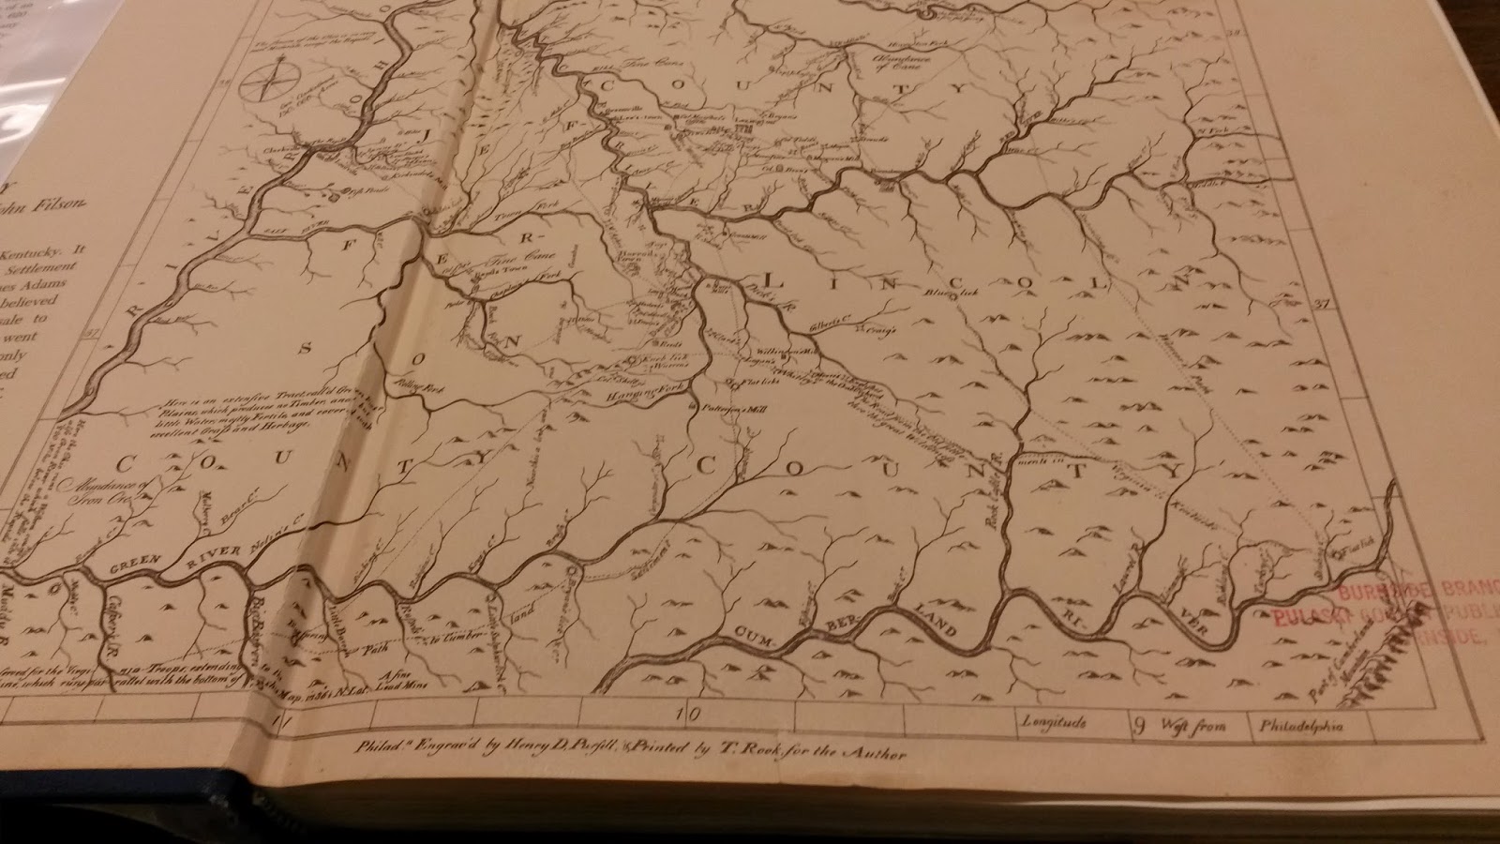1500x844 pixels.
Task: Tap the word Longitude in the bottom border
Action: pos(1055,724)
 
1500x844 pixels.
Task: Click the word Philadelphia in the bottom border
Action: pos(1301,726)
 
